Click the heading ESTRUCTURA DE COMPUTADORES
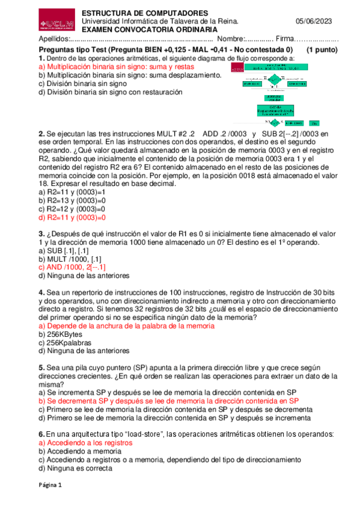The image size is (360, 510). [x=145, y=13]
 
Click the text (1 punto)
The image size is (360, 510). [x=322, y=51]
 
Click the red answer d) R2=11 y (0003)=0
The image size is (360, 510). [x=72, y=218]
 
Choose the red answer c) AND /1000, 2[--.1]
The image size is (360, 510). [x=72, y=267]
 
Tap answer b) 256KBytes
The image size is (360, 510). [x=61, y=334]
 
